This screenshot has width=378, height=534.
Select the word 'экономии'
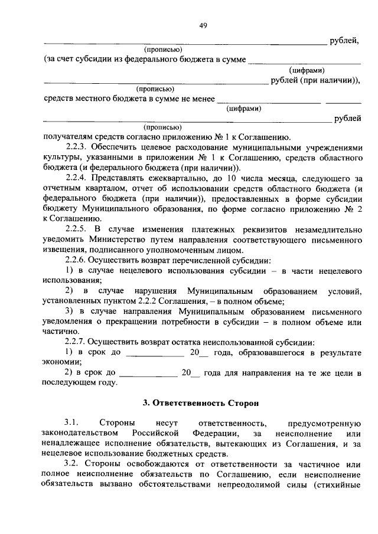(61, 363)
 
